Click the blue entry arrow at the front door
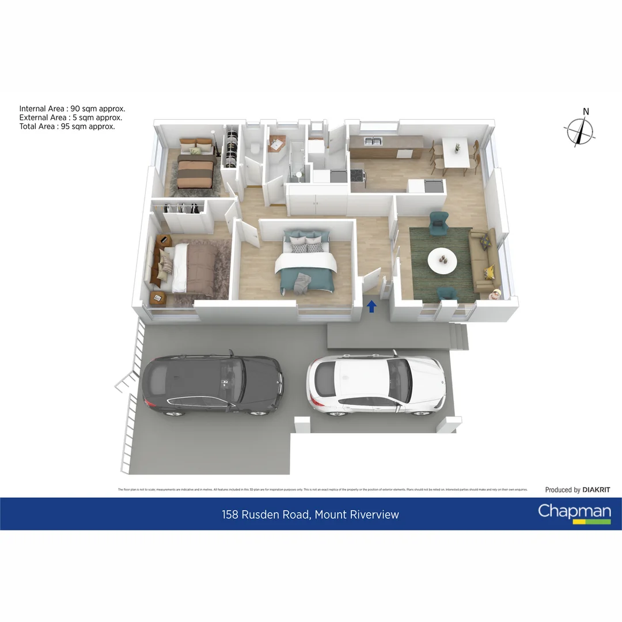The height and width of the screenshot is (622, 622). (372, 306)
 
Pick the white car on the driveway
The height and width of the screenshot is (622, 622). (376, 384)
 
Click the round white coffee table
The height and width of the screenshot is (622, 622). (442, 260)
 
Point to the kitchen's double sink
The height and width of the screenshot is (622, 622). (371, 141)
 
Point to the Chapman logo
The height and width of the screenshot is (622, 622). (574, 512)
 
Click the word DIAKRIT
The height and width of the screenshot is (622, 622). (596, 490)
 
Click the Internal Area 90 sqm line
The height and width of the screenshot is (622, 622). (72, 108)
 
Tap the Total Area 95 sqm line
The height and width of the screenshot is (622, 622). (67, 126)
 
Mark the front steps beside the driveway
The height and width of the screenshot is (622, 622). (460, 336)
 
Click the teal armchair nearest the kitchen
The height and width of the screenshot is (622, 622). (439, 219)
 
